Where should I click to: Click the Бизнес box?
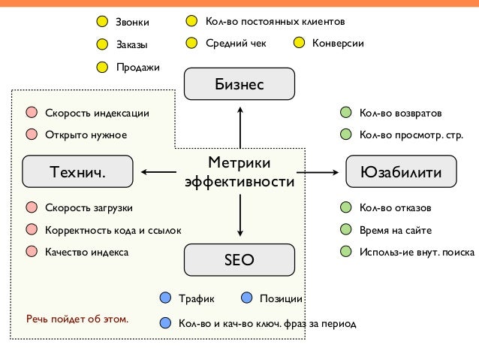point(239,84)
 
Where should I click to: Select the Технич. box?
point(77,172)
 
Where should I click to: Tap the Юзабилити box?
point(401,172)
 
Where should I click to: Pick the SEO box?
point(239,260)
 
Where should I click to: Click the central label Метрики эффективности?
point(239,172)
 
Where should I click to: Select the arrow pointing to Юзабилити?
point(317,173)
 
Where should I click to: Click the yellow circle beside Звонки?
point(102,21)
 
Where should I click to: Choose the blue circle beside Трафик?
point(165,298)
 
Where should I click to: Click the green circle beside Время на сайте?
point(345,230)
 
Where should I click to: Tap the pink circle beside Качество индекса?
point(31,252)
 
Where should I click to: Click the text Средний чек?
point(236,43)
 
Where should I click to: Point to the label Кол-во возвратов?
point(400,113)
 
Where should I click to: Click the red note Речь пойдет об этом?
point(77,319)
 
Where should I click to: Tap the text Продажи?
point(137,68)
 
